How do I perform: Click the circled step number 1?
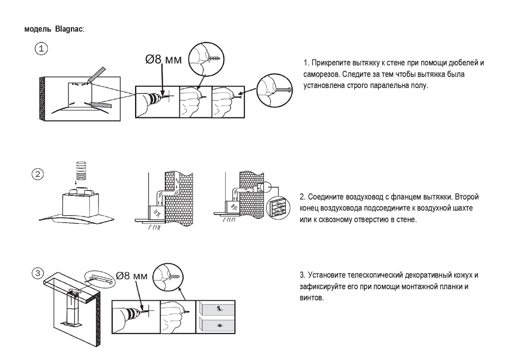point(41,49)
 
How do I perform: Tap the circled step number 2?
point(38,174)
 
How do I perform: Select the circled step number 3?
point(38,273)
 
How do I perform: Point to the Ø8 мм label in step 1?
point(164,59)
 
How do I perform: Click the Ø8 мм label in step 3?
point(132,276)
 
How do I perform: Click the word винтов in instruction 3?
point(311,298)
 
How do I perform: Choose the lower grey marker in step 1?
point(100,105)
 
